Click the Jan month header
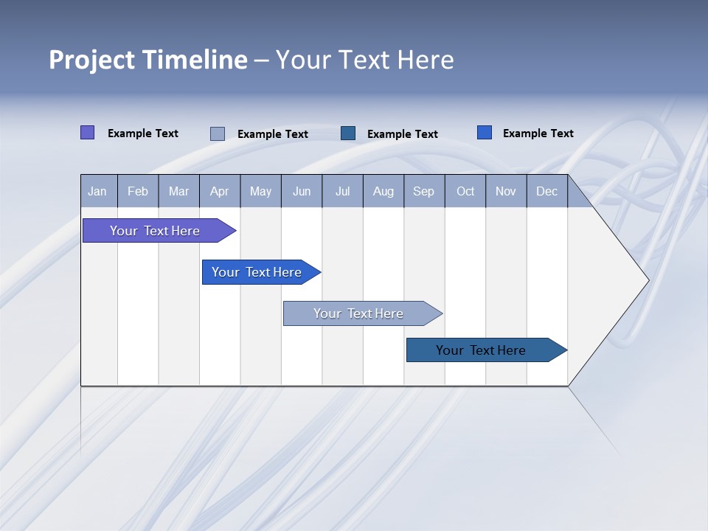[x=97, y=191]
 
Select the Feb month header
[x=138, y=191]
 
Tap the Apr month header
[x=219, y=191]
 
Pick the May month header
[x=260, y=191]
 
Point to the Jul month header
[x=342, y=191]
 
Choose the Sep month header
[x=423, y=191]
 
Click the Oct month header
[x=465, y=191]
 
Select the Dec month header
[x=546, y=191]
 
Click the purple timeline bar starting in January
[x=155, y=231]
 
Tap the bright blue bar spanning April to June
[x=257, y=272]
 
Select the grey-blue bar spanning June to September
[x=358, y=313]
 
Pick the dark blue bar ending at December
[x=481, y=350]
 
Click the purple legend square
[x=87, y=133]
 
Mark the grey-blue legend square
[x=218, y=133]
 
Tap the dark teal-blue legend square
[x=348, y=133]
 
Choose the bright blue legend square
[x=484, y=133]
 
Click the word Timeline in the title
[x=195, y=60]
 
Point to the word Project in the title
[x=92, y=60]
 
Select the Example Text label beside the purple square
[x=143, y=133]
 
